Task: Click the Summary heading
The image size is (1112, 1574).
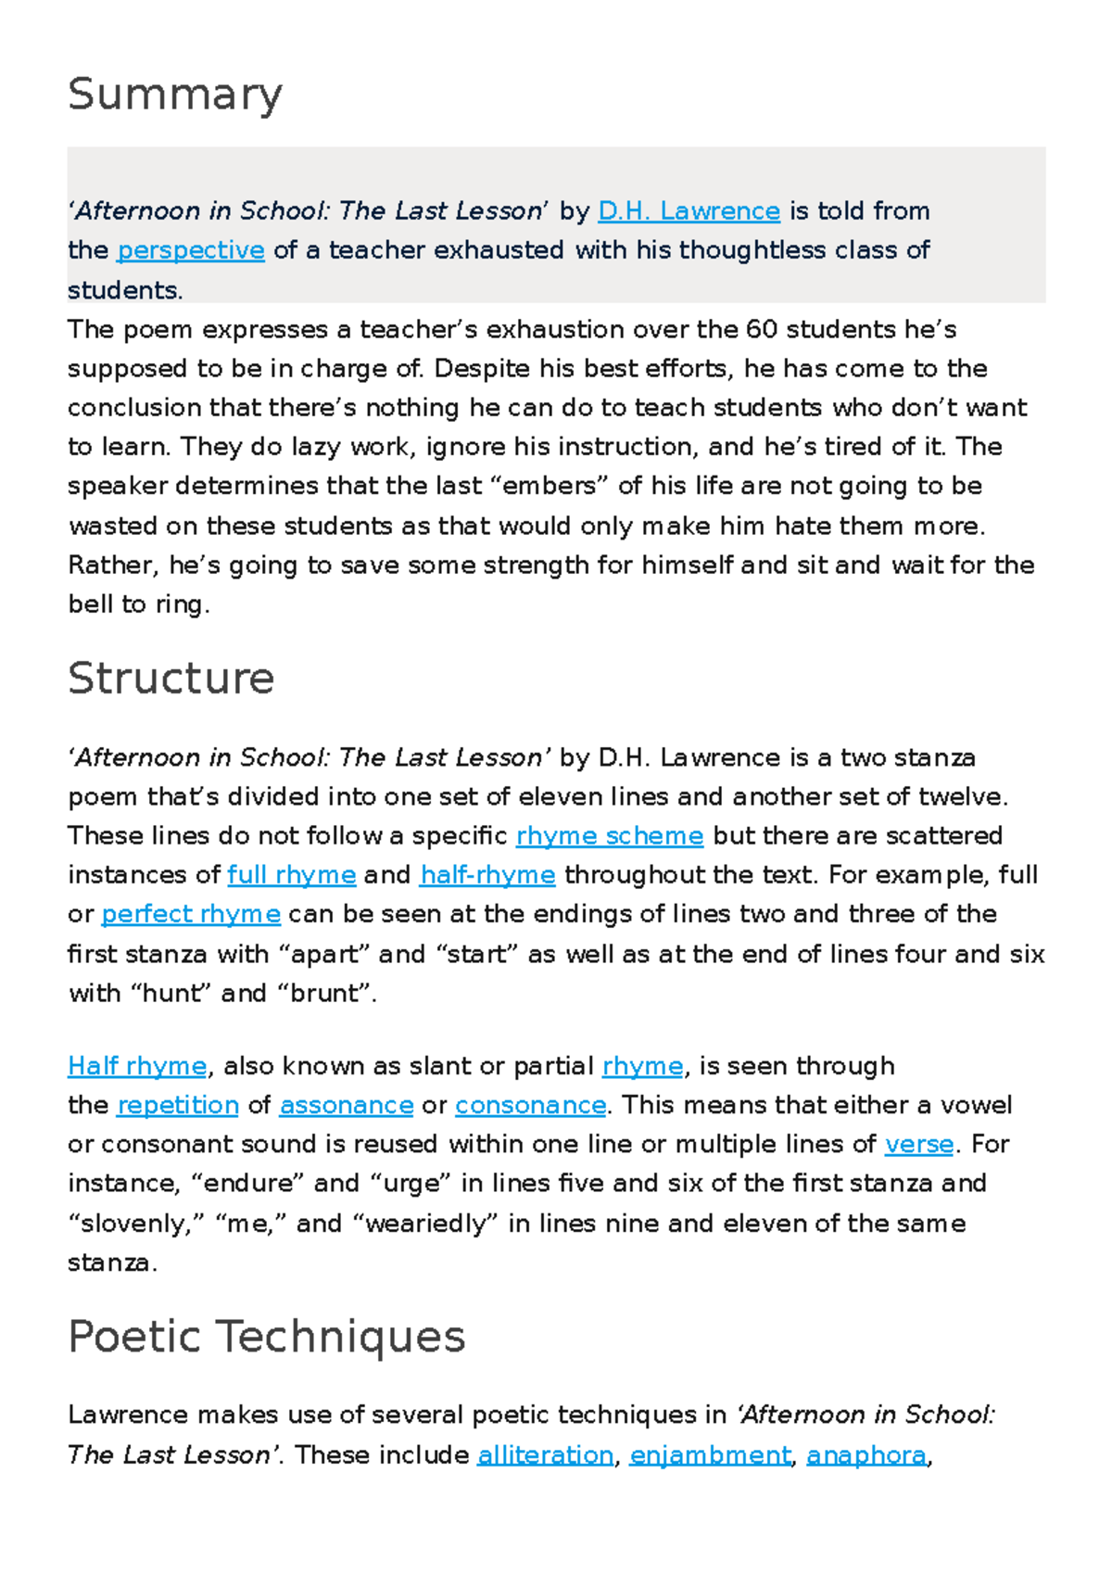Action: coord(175,95)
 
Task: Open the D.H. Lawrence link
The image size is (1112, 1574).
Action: coord(689,211)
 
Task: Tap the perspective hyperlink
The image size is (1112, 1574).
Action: coord(191,250)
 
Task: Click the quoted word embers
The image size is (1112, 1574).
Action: coord(554,486)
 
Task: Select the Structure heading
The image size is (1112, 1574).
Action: coord(171,679)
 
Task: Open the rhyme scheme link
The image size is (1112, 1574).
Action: coord(610,836)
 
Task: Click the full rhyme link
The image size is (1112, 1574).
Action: coord(291,875)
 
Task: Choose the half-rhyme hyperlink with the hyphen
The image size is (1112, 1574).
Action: coord(487,875)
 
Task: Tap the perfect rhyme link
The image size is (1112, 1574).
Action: coord(191,914)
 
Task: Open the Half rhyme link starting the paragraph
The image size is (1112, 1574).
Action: coord(137,1066)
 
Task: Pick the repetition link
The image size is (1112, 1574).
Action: coord(178,1105)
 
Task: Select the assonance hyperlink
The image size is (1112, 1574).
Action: coord(347,1105)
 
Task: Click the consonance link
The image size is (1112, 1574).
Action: coord(530,1105)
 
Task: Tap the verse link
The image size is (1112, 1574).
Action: coord(919,1144)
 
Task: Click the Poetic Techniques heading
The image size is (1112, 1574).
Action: coord(267,1337)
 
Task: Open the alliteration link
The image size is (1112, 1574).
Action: coord(545,1455)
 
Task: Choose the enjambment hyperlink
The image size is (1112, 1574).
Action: coord(711,1455)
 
